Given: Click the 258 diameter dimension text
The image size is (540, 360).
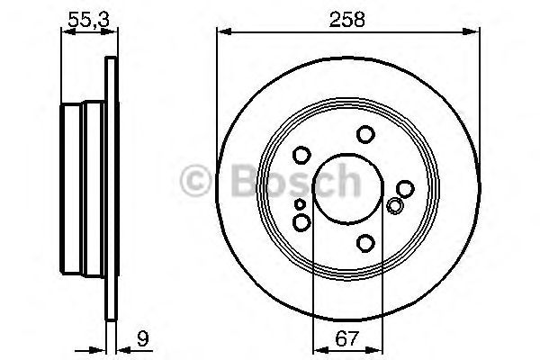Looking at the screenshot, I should coord(346,18).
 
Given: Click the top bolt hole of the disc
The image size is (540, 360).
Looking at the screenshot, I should coord(364,134).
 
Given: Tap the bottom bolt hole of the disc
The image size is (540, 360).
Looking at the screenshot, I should coord(364,243).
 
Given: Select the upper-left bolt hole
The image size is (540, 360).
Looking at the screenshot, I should coord(301,155).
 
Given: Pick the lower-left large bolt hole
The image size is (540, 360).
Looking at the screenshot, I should coord(301,221).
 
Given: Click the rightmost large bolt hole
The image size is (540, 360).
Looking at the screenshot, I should coord(405,188).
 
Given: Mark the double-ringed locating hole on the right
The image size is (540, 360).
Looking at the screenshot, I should coord(393,206).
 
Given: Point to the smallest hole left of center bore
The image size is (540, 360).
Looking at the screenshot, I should coord(299,204).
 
